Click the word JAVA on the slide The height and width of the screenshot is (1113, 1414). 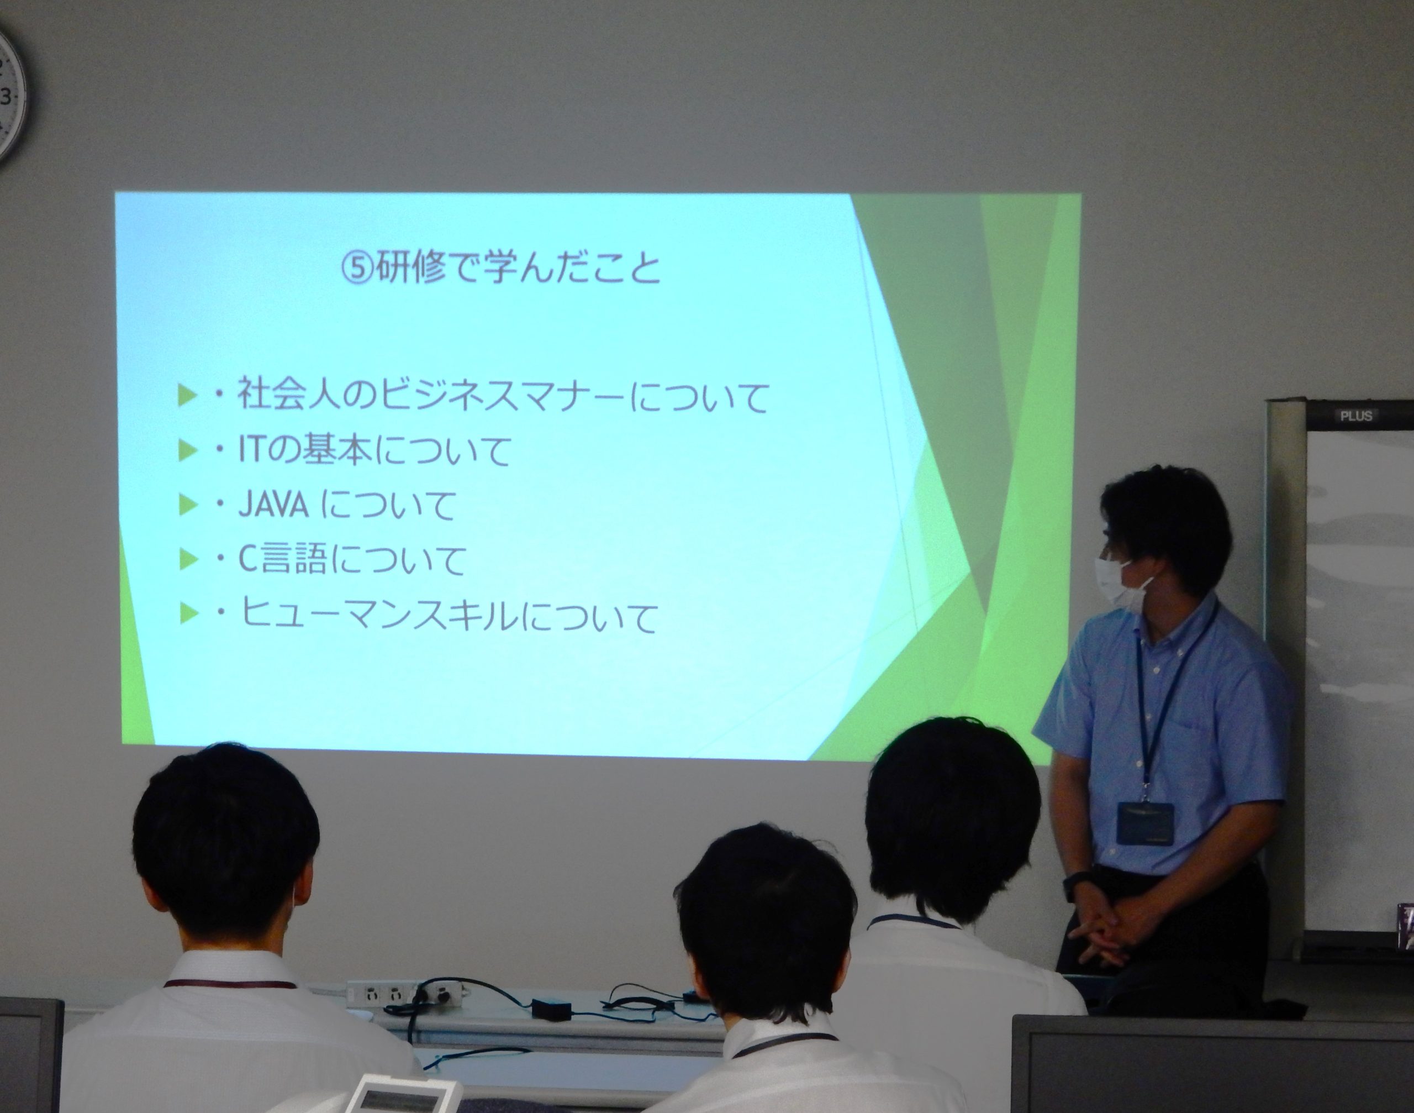(273, 505)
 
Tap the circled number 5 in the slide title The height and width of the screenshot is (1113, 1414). (357, 269)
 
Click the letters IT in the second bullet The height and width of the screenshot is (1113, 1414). (251, 450)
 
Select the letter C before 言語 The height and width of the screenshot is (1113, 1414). (247, 560)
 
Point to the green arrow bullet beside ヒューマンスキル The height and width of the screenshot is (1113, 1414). (188, 614)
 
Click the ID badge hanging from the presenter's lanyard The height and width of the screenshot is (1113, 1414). (1145, 823)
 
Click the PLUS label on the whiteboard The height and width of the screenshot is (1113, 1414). (1356, 416)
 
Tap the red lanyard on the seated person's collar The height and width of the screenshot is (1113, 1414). (229, 985)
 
